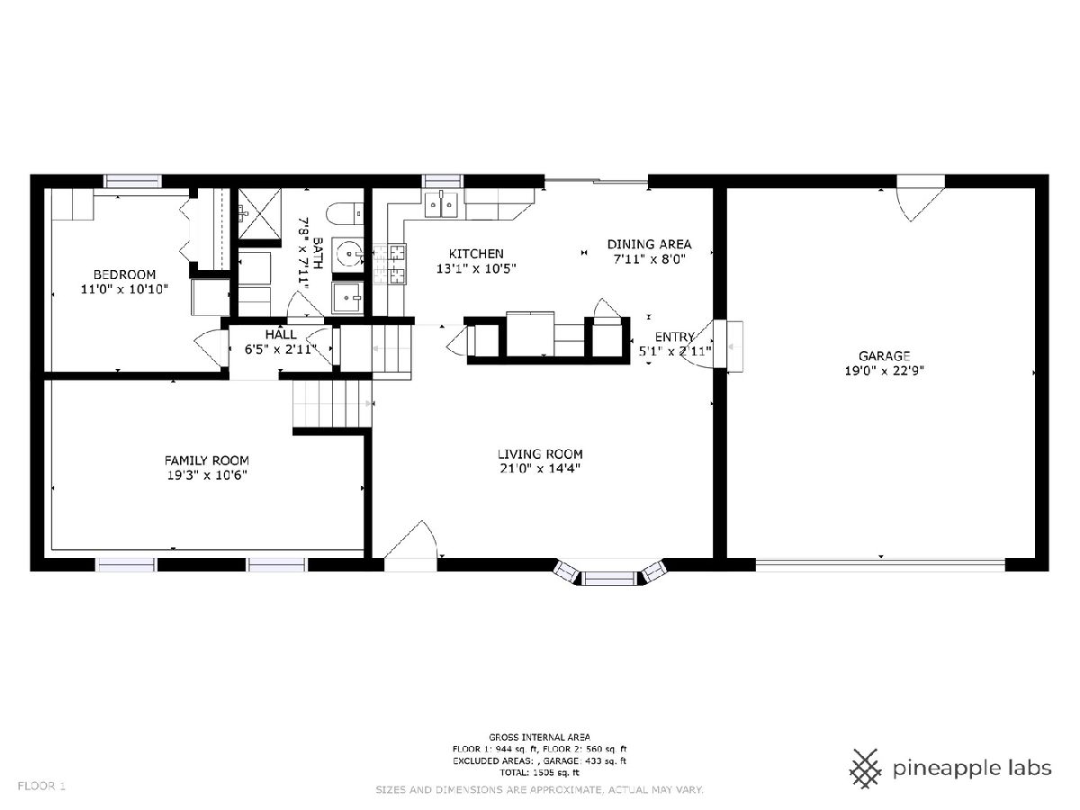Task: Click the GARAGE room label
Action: coord(884,355)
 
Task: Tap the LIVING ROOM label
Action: coord(540,454)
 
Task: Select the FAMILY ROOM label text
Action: coord(207,461)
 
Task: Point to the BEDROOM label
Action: coord(124,274)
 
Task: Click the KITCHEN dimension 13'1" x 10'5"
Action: coord(476,268)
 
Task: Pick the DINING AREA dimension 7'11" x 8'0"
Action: coord(650,259)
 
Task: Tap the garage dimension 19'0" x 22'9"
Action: coord(884,370)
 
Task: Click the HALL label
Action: coord(281,335)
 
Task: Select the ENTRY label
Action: coord(675,337)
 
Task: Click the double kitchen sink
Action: coord(441,203)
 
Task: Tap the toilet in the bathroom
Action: coord(345,214)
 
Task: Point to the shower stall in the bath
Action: coord(259,213)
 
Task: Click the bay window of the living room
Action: coord(610,573)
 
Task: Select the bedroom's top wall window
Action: coord(134,181)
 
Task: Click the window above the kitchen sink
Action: coord(441,181)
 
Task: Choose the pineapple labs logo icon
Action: coord(867,769)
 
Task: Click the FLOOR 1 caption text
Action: coord(41,787)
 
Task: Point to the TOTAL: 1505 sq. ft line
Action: coord(539,772)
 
